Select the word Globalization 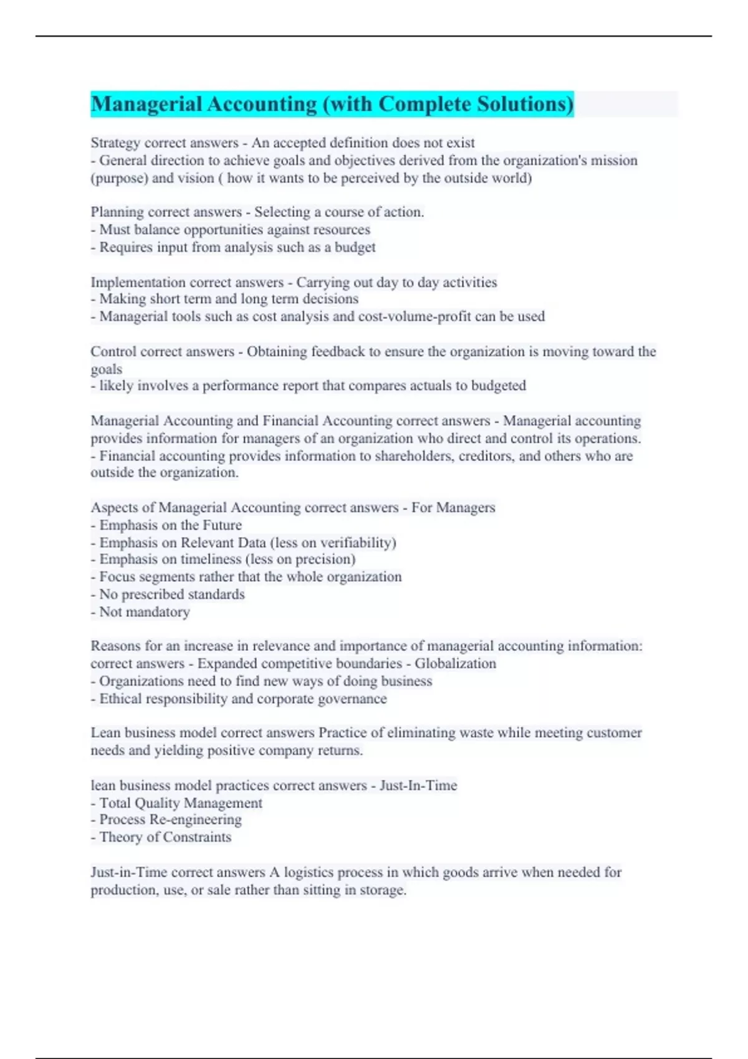coord(456,663)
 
